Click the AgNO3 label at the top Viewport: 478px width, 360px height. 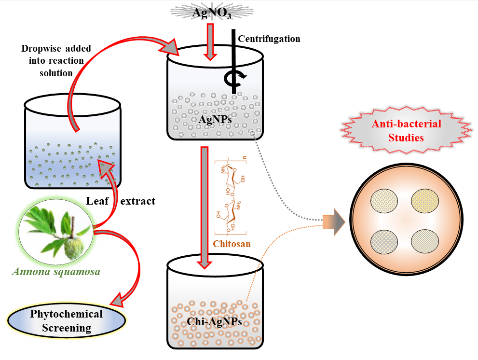[x=212, y=13]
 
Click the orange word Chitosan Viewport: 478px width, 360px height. [x=232, y=244]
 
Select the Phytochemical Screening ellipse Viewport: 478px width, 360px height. [x=67, y=321]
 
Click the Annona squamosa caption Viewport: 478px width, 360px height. [x=56, y=272]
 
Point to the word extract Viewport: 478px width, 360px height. [x=138, y=201]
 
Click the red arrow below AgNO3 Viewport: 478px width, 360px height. [x=210, y=41]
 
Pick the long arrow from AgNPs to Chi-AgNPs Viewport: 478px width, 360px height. [x=205, y=208]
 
